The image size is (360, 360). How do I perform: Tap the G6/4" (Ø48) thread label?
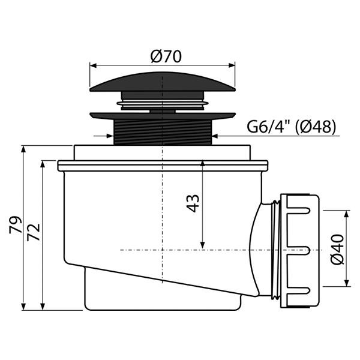[x=291, y=127]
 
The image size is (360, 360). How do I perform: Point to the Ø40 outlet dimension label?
[x=337, y=250]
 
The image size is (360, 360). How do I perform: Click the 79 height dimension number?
[x=17, y=225]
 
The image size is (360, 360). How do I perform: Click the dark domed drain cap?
[x=162, y=80]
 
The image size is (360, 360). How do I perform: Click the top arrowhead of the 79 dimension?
[x=22, y=148]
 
